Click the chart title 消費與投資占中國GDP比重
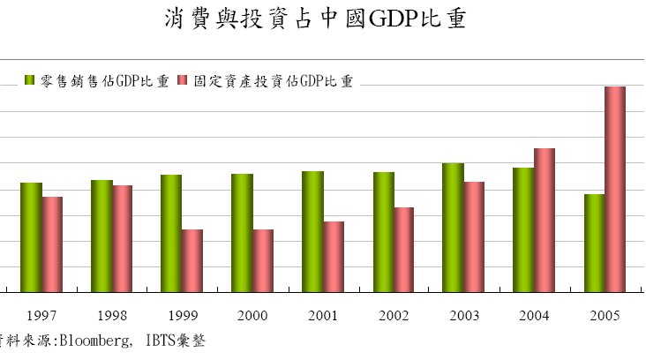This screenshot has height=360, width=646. [315, 20]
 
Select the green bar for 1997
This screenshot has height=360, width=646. [32, 236]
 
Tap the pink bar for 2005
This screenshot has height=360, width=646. [615, 189]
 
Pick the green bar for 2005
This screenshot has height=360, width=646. [594, 243]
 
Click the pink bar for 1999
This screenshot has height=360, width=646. [192, 260]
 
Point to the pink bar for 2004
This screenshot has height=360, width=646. [545, 220]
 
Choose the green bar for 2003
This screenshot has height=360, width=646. [454, 227]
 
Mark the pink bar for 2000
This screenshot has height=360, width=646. [263, 260]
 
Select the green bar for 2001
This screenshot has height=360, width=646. [312, 231]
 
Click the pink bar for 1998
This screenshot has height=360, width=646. [123, 238]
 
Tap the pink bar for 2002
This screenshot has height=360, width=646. [403, 249]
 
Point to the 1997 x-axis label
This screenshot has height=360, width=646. [42, 315]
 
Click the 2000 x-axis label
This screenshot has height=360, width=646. [253, 315]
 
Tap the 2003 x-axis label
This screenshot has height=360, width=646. [464, 315]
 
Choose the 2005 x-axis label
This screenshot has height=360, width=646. [605, 315]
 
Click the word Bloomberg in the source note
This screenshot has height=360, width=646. [94, 340]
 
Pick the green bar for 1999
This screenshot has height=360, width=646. [171, 233]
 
